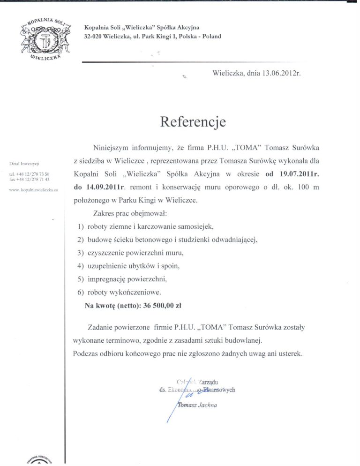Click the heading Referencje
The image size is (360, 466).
point(193,122)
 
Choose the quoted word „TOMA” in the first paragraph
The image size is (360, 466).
point(234,148)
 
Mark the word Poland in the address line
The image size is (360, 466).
point(211,36)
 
